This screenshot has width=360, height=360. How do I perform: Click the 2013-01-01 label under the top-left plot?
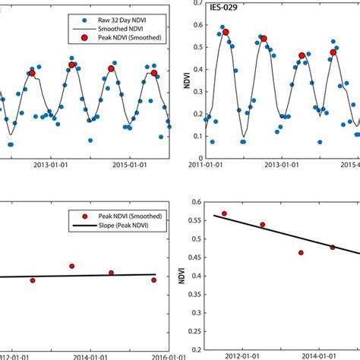click(52, 164)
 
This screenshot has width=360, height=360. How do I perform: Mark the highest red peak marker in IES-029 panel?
click(226, 32)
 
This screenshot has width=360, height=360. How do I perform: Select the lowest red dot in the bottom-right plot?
click(301, 252)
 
